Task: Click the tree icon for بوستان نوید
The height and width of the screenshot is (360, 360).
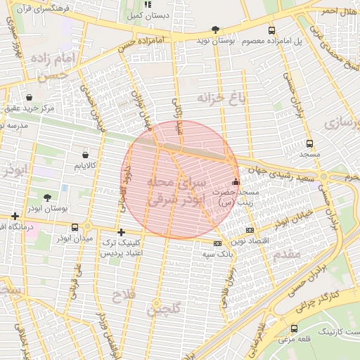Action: (x=215, y=30)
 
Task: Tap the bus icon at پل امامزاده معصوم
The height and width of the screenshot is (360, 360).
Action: (x=272, y=30)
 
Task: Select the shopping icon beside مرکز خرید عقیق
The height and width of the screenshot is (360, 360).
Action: (x=29, y=97)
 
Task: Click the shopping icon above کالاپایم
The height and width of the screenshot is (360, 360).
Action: (x=85, y=154)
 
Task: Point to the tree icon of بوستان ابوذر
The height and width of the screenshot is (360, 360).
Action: (x=47, y=198)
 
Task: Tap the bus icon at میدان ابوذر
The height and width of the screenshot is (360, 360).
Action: (x=75, y=226)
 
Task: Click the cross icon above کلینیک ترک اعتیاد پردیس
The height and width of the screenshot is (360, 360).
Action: (x=121, y=232)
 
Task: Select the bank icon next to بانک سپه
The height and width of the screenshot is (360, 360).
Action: (x=217, y=243)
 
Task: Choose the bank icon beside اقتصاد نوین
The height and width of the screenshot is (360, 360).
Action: (x=250, y=231)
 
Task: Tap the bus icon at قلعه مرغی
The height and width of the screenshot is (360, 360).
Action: (x=293, y=328)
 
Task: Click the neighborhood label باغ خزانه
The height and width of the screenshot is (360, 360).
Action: (x=221, y=98)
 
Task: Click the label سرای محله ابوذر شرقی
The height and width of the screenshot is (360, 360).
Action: (x=176, y=191)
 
